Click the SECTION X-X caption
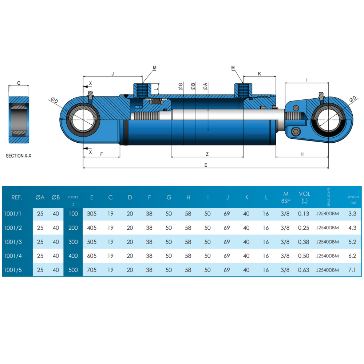point(19,156)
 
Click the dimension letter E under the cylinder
point(206,165)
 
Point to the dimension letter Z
point(207,154)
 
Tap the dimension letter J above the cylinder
point(112,74)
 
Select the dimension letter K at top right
point(260,74)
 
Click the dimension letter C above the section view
point(19,83)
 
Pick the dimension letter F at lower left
point(102,154)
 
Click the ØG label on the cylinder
point(181,86)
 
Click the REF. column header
point(17,198)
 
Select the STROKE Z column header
point(73,199)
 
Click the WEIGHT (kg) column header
point(353,199)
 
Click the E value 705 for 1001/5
point(92,270)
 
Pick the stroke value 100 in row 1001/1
point(73,214)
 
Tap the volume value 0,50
point(304,256)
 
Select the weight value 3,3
point(353,214)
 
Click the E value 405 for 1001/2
point(92,228)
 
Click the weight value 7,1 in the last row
point(353,270)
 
